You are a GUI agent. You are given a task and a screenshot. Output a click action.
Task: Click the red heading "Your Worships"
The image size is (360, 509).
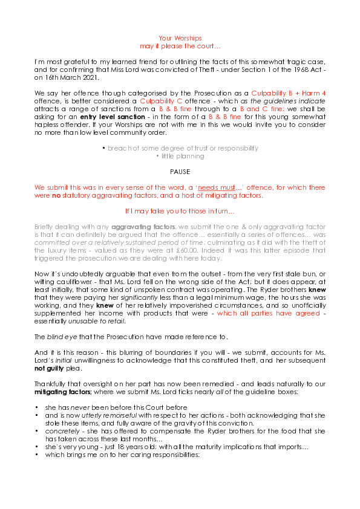click(x=180, y=37)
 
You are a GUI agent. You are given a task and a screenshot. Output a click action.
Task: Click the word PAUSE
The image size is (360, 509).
click(x=180, y=172)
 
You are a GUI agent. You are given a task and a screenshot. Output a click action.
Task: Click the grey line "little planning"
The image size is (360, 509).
click(x=180, y=156)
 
